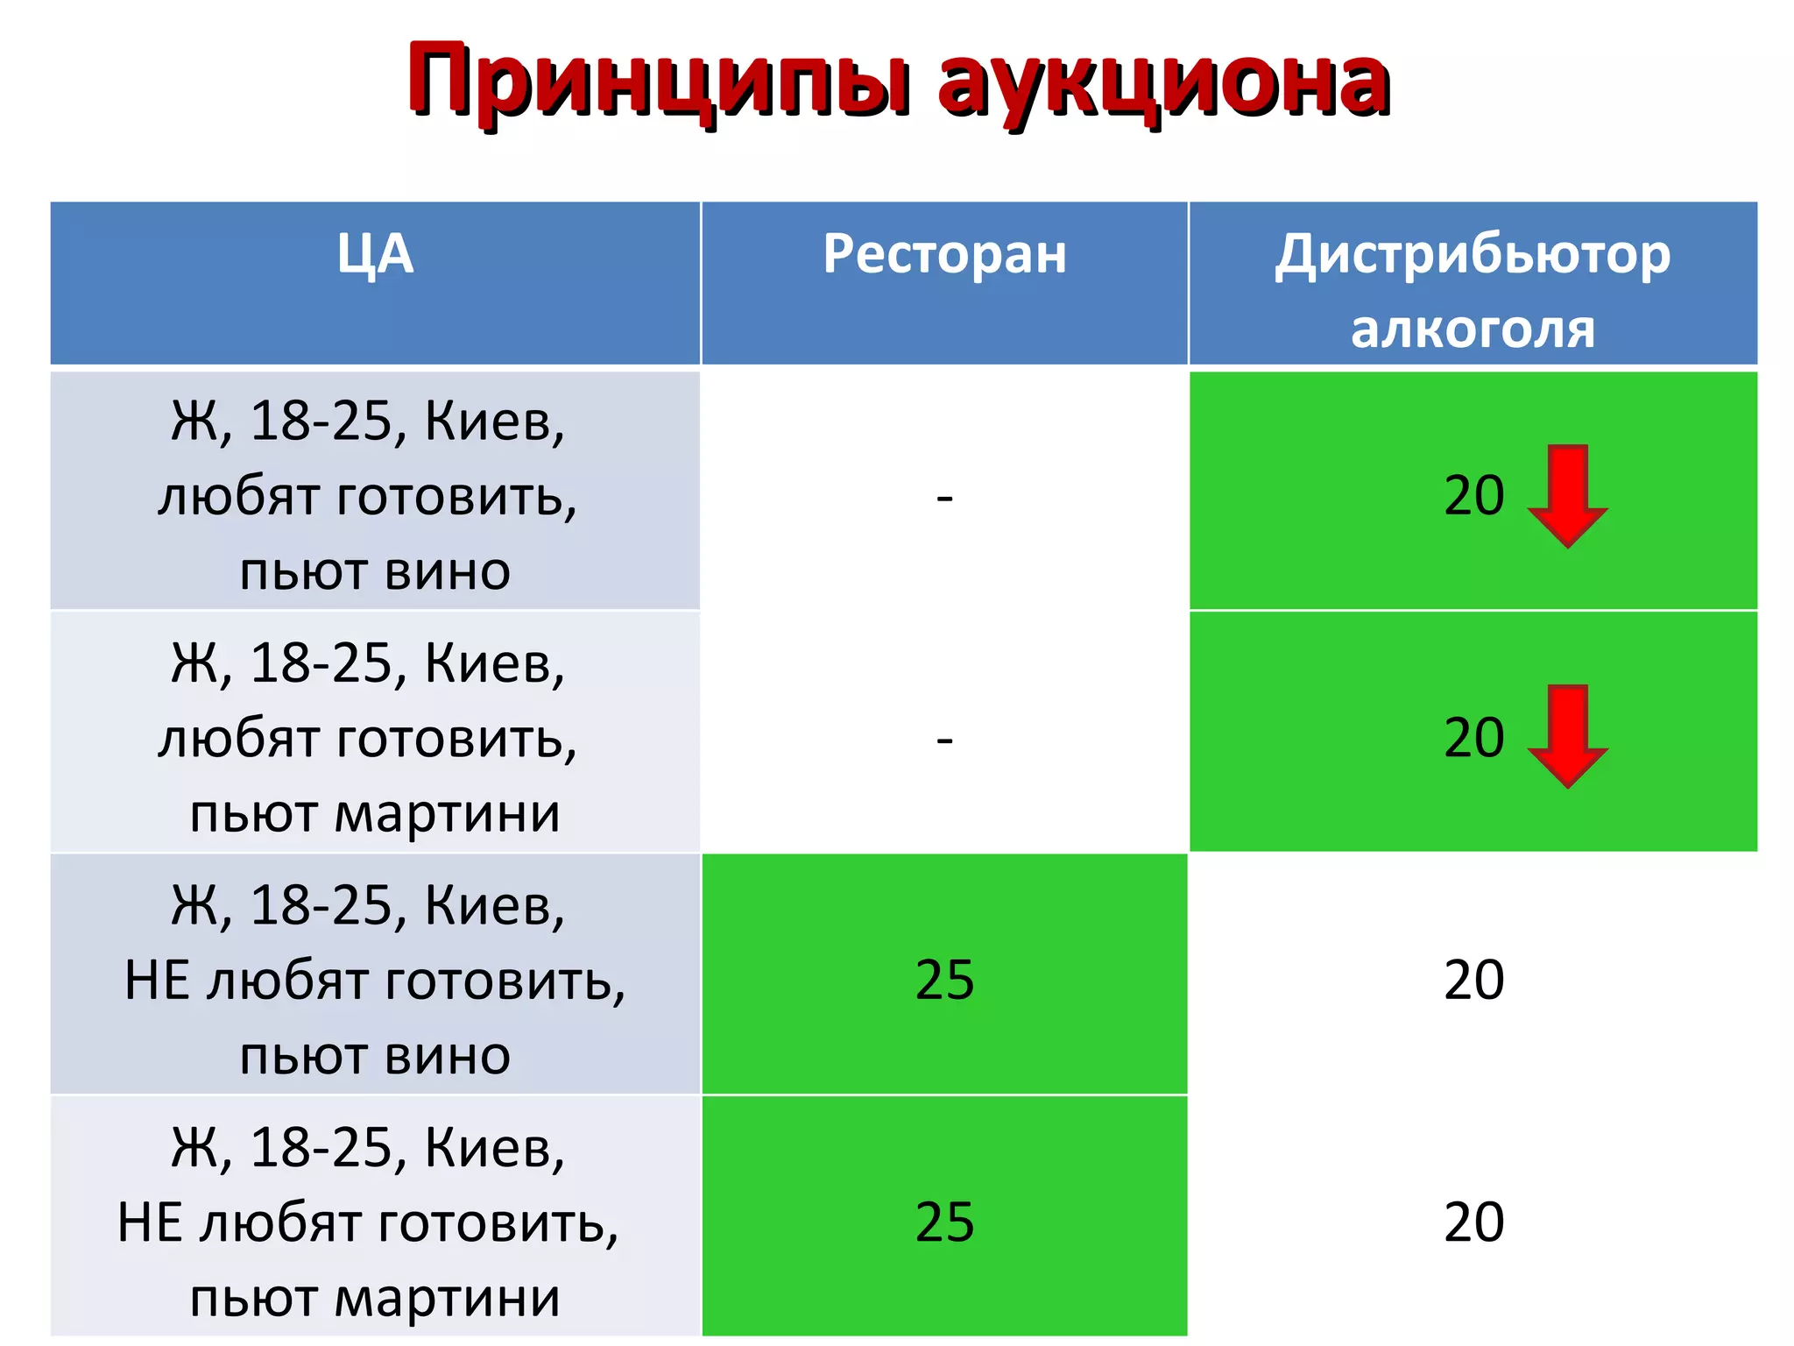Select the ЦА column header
tap(375, 255)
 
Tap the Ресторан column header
tap(944, 255)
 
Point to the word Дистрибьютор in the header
tap(1473, 255)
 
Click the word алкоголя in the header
tap(1473, 329)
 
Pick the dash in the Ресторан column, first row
tap(944, 498)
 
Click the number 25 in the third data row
tap(944, 980)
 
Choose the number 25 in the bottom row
tap(944, 1222)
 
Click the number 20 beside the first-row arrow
tap(1474, 496)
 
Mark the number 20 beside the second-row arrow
tap(1474, 738)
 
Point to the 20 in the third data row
tap(1474, 980)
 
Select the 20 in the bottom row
tap(1474, 1222)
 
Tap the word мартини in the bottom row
tap(447, 1299)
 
